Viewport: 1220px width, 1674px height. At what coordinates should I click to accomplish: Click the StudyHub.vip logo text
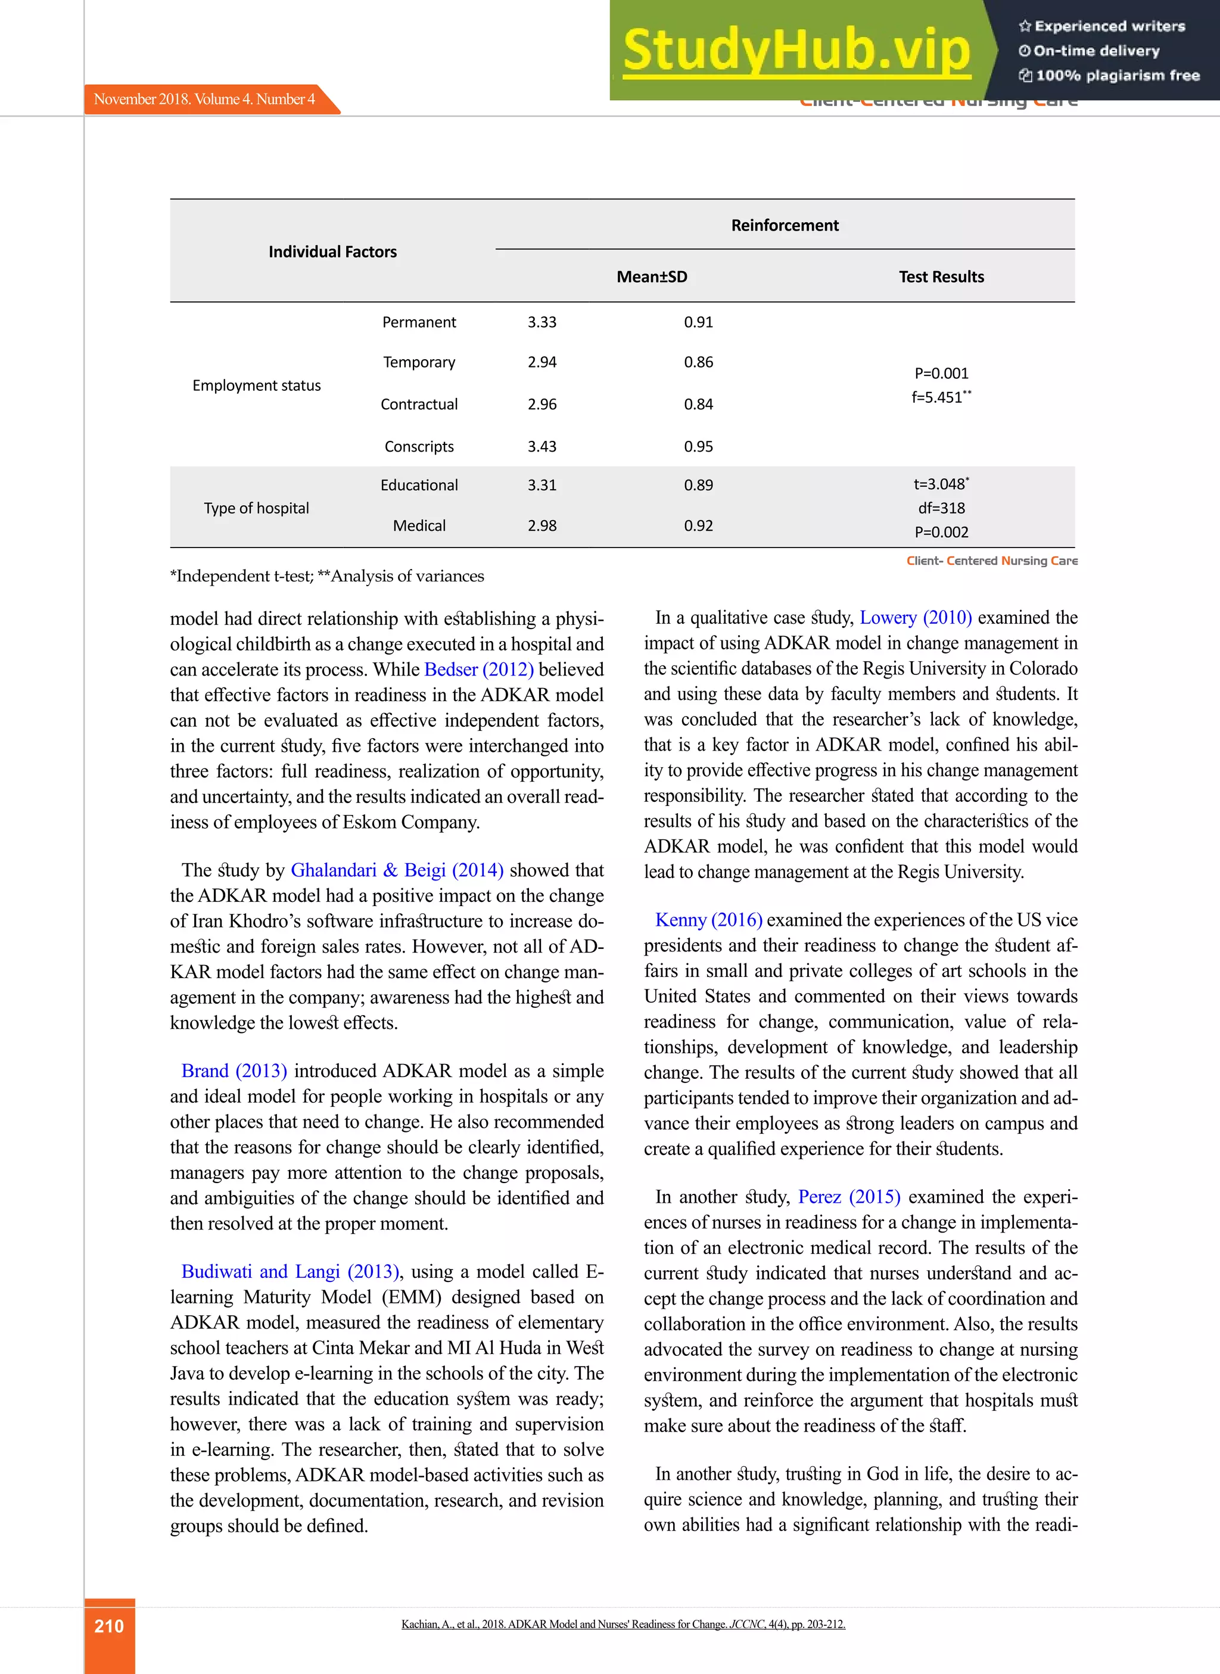pos(796,50)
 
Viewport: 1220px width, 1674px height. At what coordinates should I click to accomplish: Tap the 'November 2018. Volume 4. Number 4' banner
pos(204,99)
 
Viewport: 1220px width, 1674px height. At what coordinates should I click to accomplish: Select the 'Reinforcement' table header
pos(785,225)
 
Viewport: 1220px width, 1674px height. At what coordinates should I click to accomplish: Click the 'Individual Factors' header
pos(332,252)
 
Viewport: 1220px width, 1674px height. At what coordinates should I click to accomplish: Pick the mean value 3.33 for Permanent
pos(541,322)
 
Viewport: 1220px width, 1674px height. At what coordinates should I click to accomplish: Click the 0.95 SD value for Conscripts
pos(698,447)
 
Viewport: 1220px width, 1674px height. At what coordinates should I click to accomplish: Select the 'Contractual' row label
pos(419,405)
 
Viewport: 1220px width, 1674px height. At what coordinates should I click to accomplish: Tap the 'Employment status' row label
pos(256,385)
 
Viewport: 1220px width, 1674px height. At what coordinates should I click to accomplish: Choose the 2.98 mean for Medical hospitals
pos(541,526)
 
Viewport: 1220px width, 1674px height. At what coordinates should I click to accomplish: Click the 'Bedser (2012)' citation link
pos(478,670)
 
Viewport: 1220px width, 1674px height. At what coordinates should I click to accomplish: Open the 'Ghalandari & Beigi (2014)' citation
pos(397,870)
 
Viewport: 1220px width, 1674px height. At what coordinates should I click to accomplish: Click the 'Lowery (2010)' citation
pos(915,618)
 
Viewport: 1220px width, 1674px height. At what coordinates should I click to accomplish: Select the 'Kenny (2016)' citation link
pos(708,920)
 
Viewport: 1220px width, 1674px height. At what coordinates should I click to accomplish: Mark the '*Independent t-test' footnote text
pos(242,576)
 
